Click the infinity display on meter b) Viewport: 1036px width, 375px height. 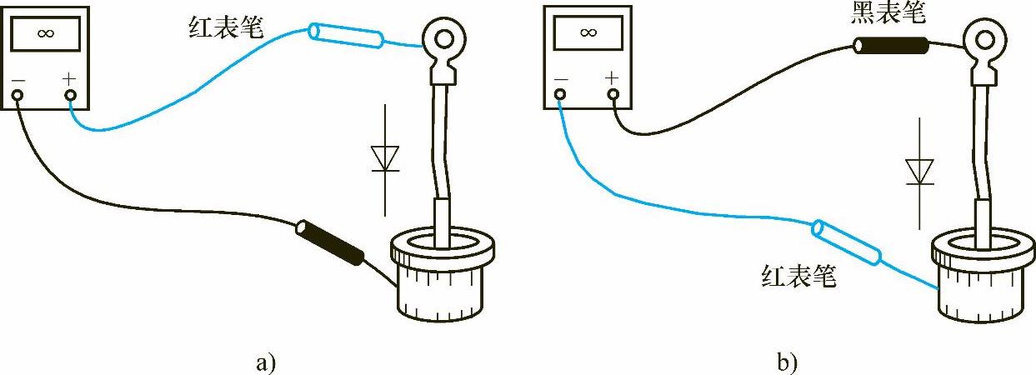[588, 34]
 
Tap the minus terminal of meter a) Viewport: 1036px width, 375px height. [18, 95]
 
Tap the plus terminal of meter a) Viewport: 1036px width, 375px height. [70, 95]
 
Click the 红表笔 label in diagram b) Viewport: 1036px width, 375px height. [798, 274]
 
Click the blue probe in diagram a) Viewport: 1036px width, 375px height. [346, 36]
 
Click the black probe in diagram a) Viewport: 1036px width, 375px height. [331, 242]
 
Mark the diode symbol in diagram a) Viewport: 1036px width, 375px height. [385, 158]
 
